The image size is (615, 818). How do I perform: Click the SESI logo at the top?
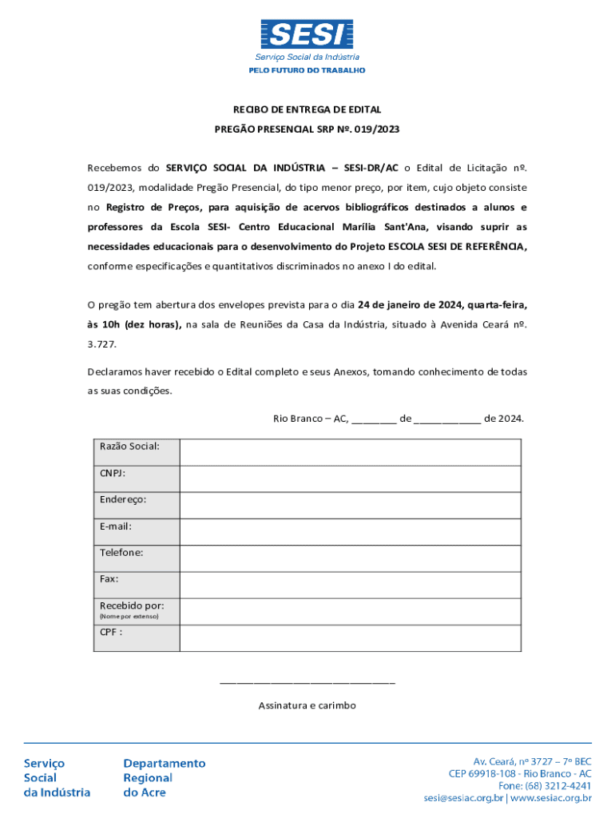[x=307, y=34]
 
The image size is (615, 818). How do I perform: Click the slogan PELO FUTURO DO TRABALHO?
[x=307, y=70]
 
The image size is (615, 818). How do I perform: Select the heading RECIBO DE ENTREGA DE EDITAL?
[x=307, y=109]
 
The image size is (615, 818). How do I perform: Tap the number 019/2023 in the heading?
[x=377, y=128]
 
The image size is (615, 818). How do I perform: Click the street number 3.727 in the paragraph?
[x=102, y=343]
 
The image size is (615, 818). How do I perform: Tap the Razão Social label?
[x=129, y=446]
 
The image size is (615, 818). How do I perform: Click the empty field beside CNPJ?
[x=350, y=478]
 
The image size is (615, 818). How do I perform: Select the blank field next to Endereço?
[x=350, y=505]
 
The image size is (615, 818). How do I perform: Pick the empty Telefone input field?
[x=350, y=558]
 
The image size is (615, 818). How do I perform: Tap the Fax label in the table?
[x=109, y=579]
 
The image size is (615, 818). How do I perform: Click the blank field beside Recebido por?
[x=350, y=611]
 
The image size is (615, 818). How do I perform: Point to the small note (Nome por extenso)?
[x=129, y=617]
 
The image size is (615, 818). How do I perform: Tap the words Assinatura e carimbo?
[x=307, y=705]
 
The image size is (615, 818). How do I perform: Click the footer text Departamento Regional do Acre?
[x=164, y=778]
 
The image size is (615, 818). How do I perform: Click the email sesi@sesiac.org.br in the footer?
[x=463, y=797]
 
